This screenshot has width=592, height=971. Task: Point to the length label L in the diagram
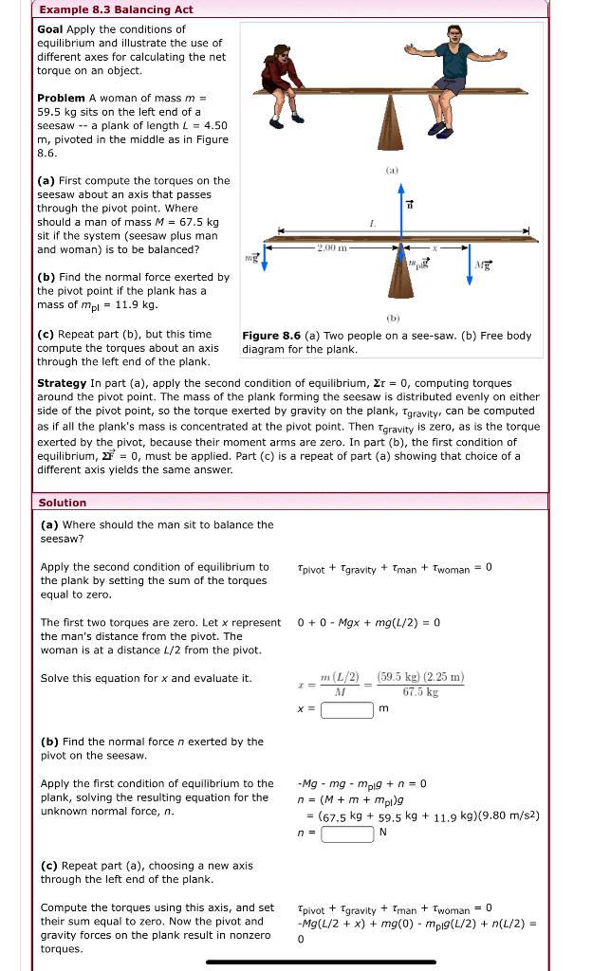[x=400, y=223]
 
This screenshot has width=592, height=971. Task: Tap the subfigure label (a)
[x=391, y=171]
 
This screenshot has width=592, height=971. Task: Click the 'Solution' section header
[x=63, y=503]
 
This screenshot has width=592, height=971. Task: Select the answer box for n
[x=346, y=834]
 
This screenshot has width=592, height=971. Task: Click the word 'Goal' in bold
[x=49, y=29]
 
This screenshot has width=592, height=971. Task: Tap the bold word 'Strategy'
[x=62, y=383]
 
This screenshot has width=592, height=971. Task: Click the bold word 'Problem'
[x=60, y=99]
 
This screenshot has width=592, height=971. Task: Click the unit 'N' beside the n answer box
[x=383, y=833]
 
